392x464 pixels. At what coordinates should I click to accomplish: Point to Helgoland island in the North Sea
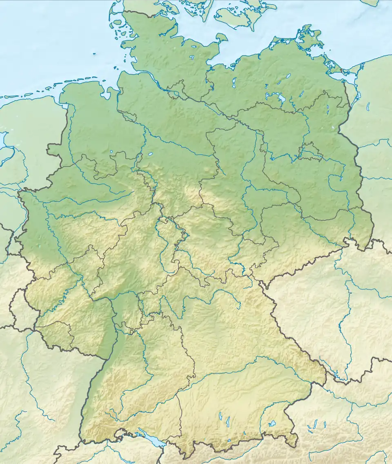(x=94, y=53)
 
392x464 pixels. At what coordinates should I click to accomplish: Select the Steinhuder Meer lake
(x=151, y=155)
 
